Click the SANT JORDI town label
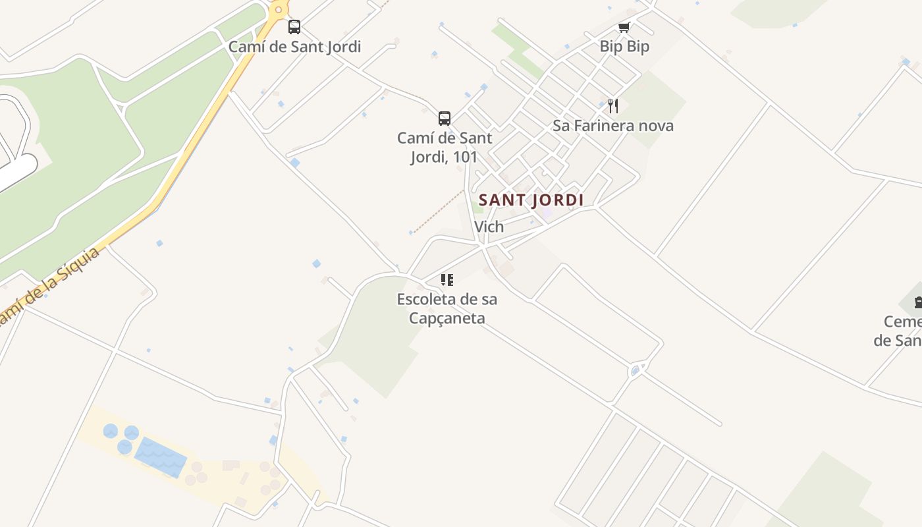tap(531, 200)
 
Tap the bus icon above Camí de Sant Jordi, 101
tap(445, 119)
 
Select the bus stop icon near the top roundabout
tap(294, 27)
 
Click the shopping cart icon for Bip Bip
tap(624, 27)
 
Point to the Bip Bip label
tap(624, 47)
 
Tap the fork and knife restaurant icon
tap(613, 105)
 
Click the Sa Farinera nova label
tap(613, 126)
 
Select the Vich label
tap(489, 227)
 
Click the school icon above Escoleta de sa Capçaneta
tap(447, 280)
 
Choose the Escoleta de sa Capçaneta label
tap(447, 308)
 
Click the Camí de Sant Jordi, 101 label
tap(445, 148)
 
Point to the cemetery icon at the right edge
tap(918, 302)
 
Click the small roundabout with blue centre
tap(636, 371)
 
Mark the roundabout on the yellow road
tap(279, 9)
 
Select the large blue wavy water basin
tap(161, 456)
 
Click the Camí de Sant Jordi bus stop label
tap(294, 47)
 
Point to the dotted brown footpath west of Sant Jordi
tap(438, 211)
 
